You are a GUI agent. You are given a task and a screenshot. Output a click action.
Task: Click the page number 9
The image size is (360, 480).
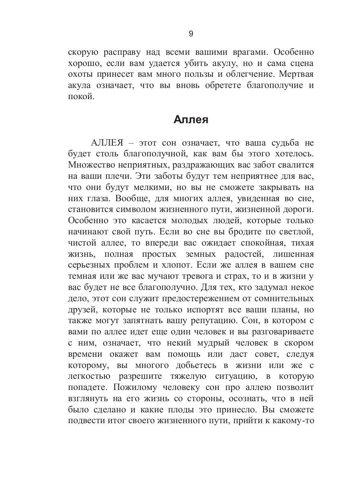pyautogui.click(x=190, y=34)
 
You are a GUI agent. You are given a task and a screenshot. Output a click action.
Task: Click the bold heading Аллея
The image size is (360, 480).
pyautogui.click(x=191, y=120)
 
